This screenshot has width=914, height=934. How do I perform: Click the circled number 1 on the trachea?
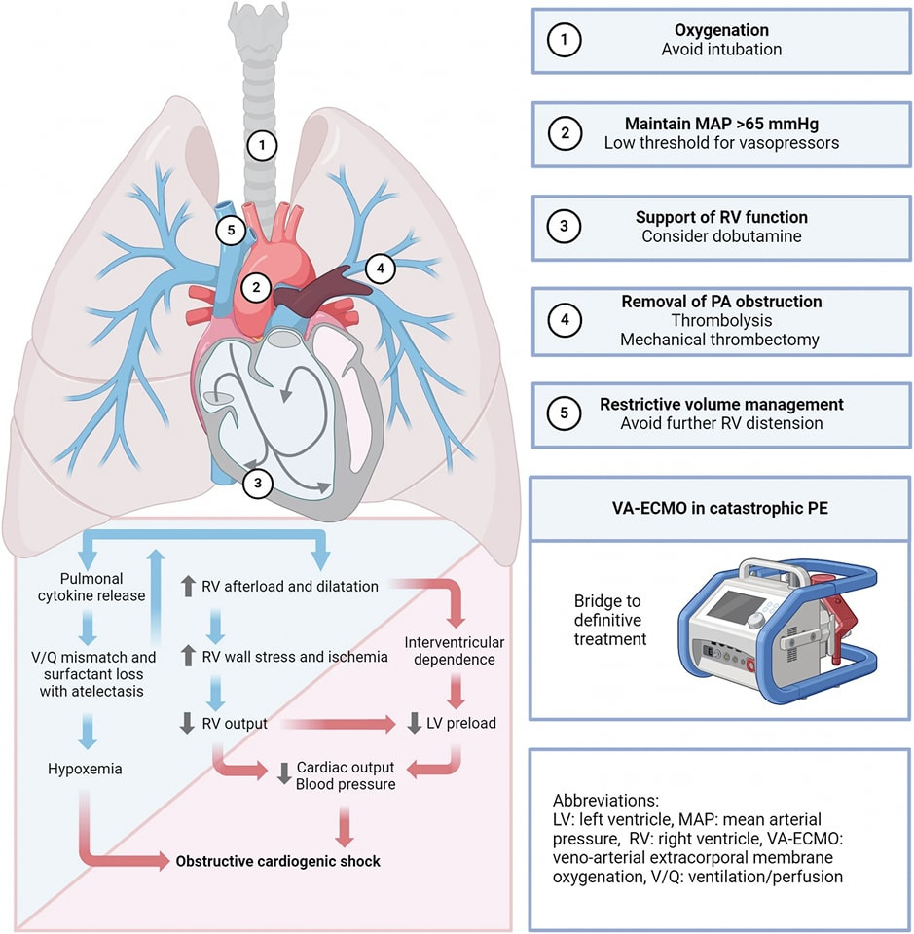[262, 146]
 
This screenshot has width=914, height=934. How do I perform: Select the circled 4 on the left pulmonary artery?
[382, 266]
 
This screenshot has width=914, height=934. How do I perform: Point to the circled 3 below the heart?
[257, 481]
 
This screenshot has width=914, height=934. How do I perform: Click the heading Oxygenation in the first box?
[721, 29]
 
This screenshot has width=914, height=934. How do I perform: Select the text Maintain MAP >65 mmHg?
[720, 124]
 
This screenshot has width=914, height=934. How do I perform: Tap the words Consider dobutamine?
[721, 236]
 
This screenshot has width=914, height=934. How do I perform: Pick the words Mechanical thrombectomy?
[721, 340]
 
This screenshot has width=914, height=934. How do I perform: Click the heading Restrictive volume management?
[721, 404]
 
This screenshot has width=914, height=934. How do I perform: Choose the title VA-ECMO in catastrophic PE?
[721, 509]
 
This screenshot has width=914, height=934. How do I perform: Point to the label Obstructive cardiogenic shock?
[277, 861]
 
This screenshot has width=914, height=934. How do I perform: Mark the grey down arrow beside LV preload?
[418, 724]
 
